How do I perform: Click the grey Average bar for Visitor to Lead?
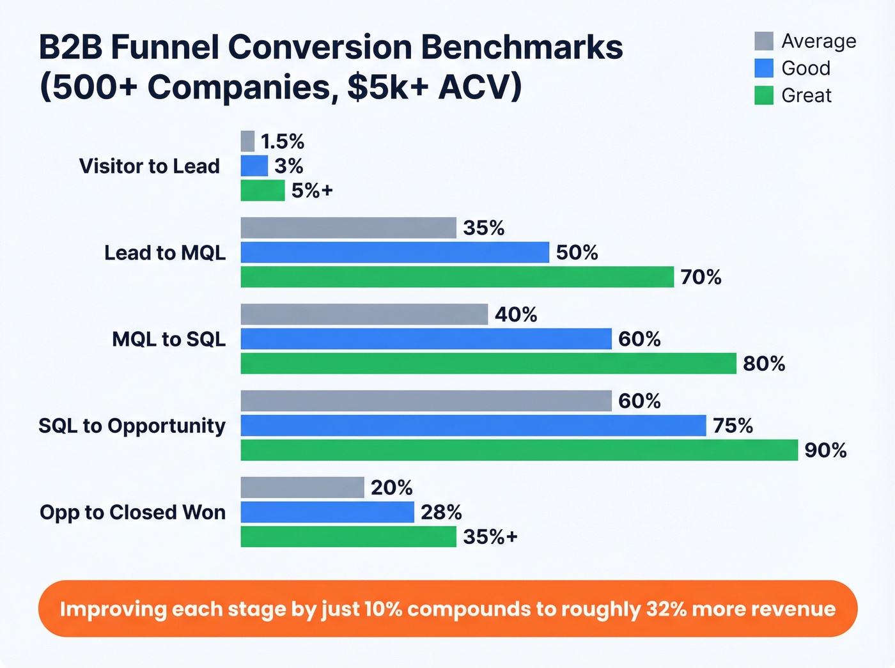[x=247, y=141]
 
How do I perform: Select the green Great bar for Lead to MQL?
[x=457, y=277]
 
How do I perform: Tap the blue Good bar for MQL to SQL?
[x=426, y=339]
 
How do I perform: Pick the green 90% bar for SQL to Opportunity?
[x=519, y=450]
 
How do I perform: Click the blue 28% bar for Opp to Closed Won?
[x=327, y=512]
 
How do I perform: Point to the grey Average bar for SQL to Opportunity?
[x=426, y=401]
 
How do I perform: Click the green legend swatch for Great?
[x=764, y=95]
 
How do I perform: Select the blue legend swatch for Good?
[x=764, y=68]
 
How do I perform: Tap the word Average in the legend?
[x=818, y=41]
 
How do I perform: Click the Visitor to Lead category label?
[x=150, y=166]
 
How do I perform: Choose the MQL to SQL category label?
[x=169, y=339]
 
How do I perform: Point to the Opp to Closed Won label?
[x=132, y=512]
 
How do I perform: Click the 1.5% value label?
[x=282, y=141]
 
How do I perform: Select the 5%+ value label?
[x=312, y=190]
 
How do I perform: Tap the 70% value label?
[x=701, y=277]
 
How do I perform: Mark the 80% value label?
[x=763, y=364]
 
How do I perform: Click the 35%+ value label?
[x=490, y=537]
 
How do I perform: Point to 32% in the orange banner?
[x=666, y=609]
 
